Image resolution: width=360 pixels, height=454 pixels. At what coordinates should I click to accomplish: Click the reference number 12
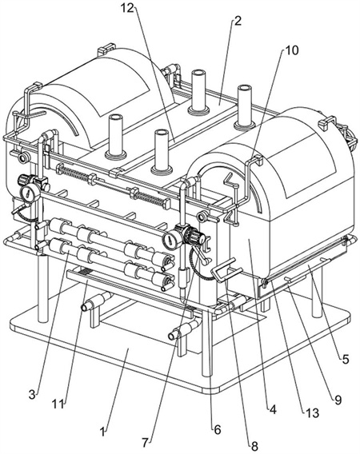[127, 8]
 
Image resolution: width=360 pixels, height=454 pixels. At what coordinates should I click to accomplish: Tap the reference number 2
[238, 21]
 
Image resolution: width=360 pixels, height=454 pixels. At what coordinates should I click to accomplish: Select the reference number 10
[291, 50]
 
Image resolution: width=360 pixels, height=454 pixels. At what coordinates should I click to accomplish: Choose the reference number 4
[273, 409]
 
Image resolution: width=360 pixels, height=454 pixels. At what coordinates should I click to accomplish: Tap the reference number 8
[254, 446]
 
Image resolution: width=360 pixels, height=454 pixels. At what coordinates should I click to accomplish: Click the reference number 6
[218, 430]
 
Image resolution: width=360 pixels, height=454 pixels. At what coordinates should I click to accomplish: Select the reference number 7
[146, 442]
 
